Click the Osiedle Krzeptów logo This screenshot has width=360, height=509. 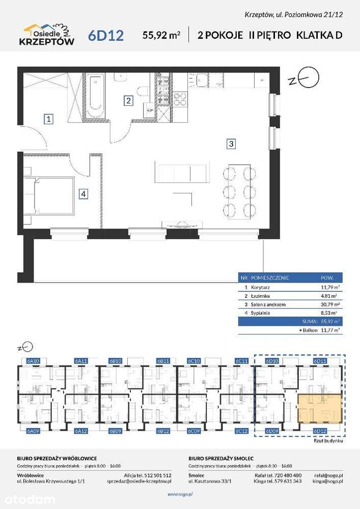(x=49, y=35)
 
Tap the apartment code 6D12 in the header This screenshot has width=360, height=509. (x=106, y=36)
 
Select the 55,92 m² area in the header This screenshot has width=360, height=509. (x=162, y=35)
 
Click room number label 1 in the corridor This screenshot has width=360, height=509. (x=48, y=120)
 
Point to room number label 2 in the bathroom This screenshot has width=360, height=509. (x=129, y=101)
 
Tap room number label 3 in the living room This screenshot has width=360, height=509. (x=231, y=144)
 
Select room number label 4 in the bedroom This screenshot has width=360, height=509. (x=84, y=193)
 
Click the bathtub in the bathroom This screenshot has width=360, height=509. (x=95, y=97)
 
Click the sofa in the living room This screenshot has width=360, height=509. (x=182, y=172)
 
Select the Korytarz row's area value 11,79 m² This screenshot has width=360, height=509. (x=328, y=287)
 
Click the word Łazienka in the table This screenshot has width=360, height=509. (x=260, y=296)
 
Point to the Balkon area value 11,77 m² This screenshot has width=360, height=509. (x=328, y=330)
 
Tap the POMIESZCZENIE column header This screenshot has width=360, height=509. (x=270, y=278)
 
